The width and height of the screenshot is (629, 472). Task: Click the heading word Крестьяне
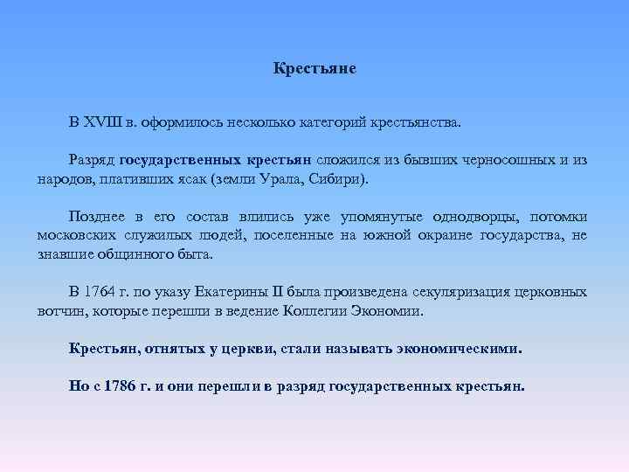(314, 67)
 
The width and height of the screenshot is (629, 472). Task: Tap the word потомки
(556, 218)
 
